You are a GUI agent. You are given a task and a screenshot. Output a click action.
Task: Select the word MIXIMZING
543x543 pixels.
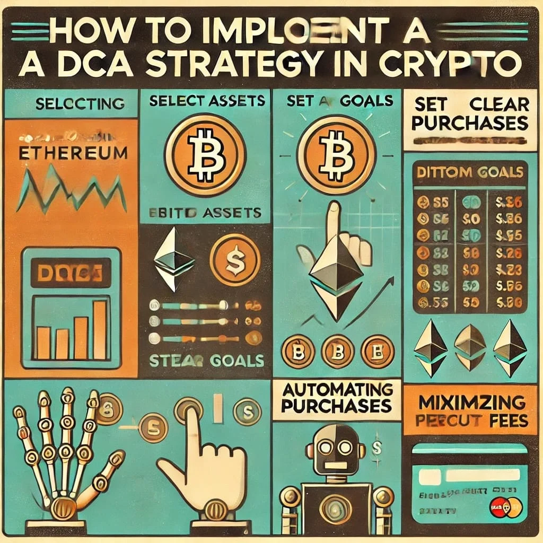[472, 401]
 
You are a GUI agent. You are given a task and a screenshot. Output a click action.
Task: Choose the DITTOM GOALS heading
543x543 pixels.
[469, 173]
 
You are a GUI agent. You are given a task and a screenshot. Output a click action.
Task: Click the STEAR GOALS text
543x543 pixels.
[206, 361]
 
